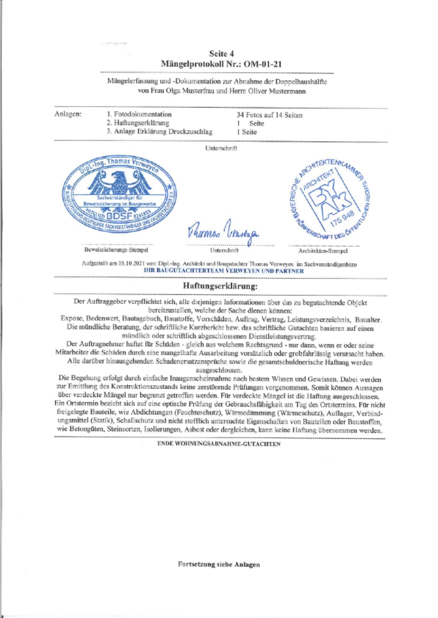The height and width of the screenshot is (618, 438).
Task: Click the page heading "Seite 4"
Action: point(221,53)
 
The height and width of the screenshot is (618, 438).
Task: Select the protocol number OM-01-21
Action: point(263,64)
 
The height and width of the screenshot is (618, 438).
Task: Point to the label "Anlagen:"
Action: point(68,114)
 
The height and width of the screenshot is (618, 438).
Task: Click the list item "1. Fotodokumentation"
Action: point(139,114)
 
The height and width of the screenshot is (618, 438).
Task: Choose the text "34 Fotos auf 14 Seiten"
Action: point(269,115)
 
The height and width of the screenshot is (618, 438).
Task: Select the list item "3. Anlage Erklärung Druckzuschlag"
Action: point(160,132)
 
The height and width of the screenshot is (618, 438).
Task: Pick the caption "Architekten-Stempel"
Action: point(323,251)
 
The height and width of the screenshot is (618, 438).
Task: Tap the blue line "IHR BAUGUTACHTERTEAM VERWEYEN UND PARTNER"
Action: point(224,271)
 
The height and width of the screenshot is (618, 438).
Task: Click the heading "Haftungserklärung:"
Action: point(220,286)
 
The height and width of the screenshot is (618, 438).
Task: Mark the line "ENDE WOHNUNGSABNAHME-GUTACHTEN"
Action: point(219,444)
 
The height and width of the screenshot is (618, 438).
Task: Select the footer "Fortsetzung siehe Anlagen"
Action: point(219,564)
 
